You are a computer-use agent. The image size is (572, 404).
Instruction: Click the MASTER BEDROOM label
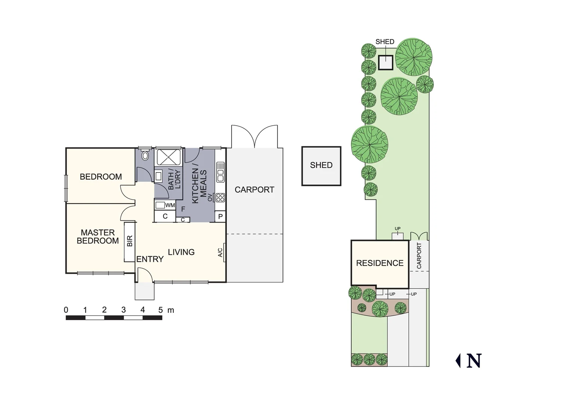pyautogui.click(x=98, y=237)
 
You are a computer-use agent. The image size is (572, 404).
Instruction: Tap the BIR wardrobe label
pyautogui.click(x=130, y=241)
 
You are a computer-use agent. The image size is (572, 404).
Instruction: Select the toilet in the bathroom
pyautogui.click(x=145, y=156)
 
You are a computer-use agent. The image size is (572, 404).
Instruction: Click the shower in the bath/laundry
pyautogui.click(x=168, y=157)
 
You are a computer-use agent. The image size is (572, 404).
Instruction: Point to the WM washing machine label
pyautogui.click(x=170, y=205)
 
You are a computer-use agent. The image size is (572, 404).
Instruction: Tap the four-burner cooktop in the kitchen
pyautogui.click(x=220, y=197)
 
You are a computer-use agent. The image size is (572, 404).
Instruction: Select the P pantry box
pyautogui.click(x=220, y=216)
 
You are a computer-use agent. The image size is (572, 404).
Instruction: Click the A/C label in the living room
pyautogui.click(x=220, y=253)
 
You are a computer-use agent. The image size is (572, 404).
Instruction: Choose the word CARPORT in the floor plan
pyautogui.click(x=254, y=190)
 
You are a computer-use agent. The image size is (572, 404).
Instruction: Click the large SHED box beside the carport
pyautogui.click(x=321, y=166)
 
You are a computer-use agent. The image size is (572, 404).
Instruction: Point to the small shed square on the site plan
pyautogui.click(x=386, y=62)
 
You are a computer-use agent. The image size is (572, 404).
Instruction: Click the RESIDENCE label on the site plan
pyautogui.click(x=380, y=263)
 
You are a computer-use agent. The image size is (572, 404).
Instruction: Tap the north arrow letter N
pyautogui.click(x=474, y=361)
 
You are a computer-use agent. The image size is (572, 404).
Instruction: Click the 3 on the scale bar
pyautogui.click(x=123, y=310)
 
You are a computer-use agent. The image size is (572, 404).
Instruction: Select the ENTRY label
pyautogui.click(x=150, y=259)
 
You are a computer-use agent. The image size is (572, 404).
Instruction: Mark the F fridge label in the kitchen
pyautogui.click(x=183, y=209)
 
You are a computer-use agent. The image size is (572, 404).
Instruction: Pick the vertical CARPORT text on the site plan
pyautogui.click(x=419, y=256)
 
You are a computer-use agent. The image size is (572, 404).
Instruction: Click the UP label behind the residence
pyautogui.click(x=398, y=229)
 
